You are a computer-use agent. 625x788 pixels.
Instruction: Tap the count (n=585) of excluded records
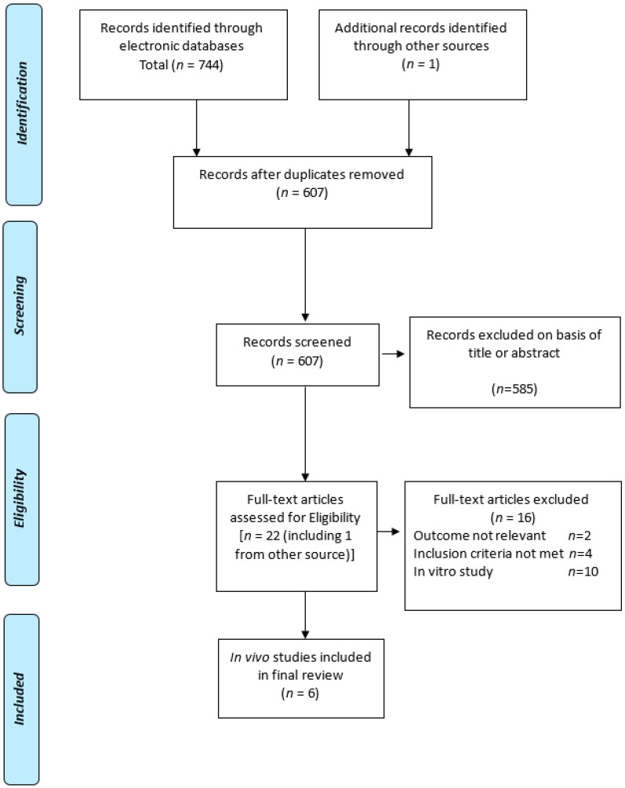514,388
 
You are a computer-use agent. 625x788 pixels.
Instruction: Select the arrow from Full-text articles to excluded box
388,532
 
